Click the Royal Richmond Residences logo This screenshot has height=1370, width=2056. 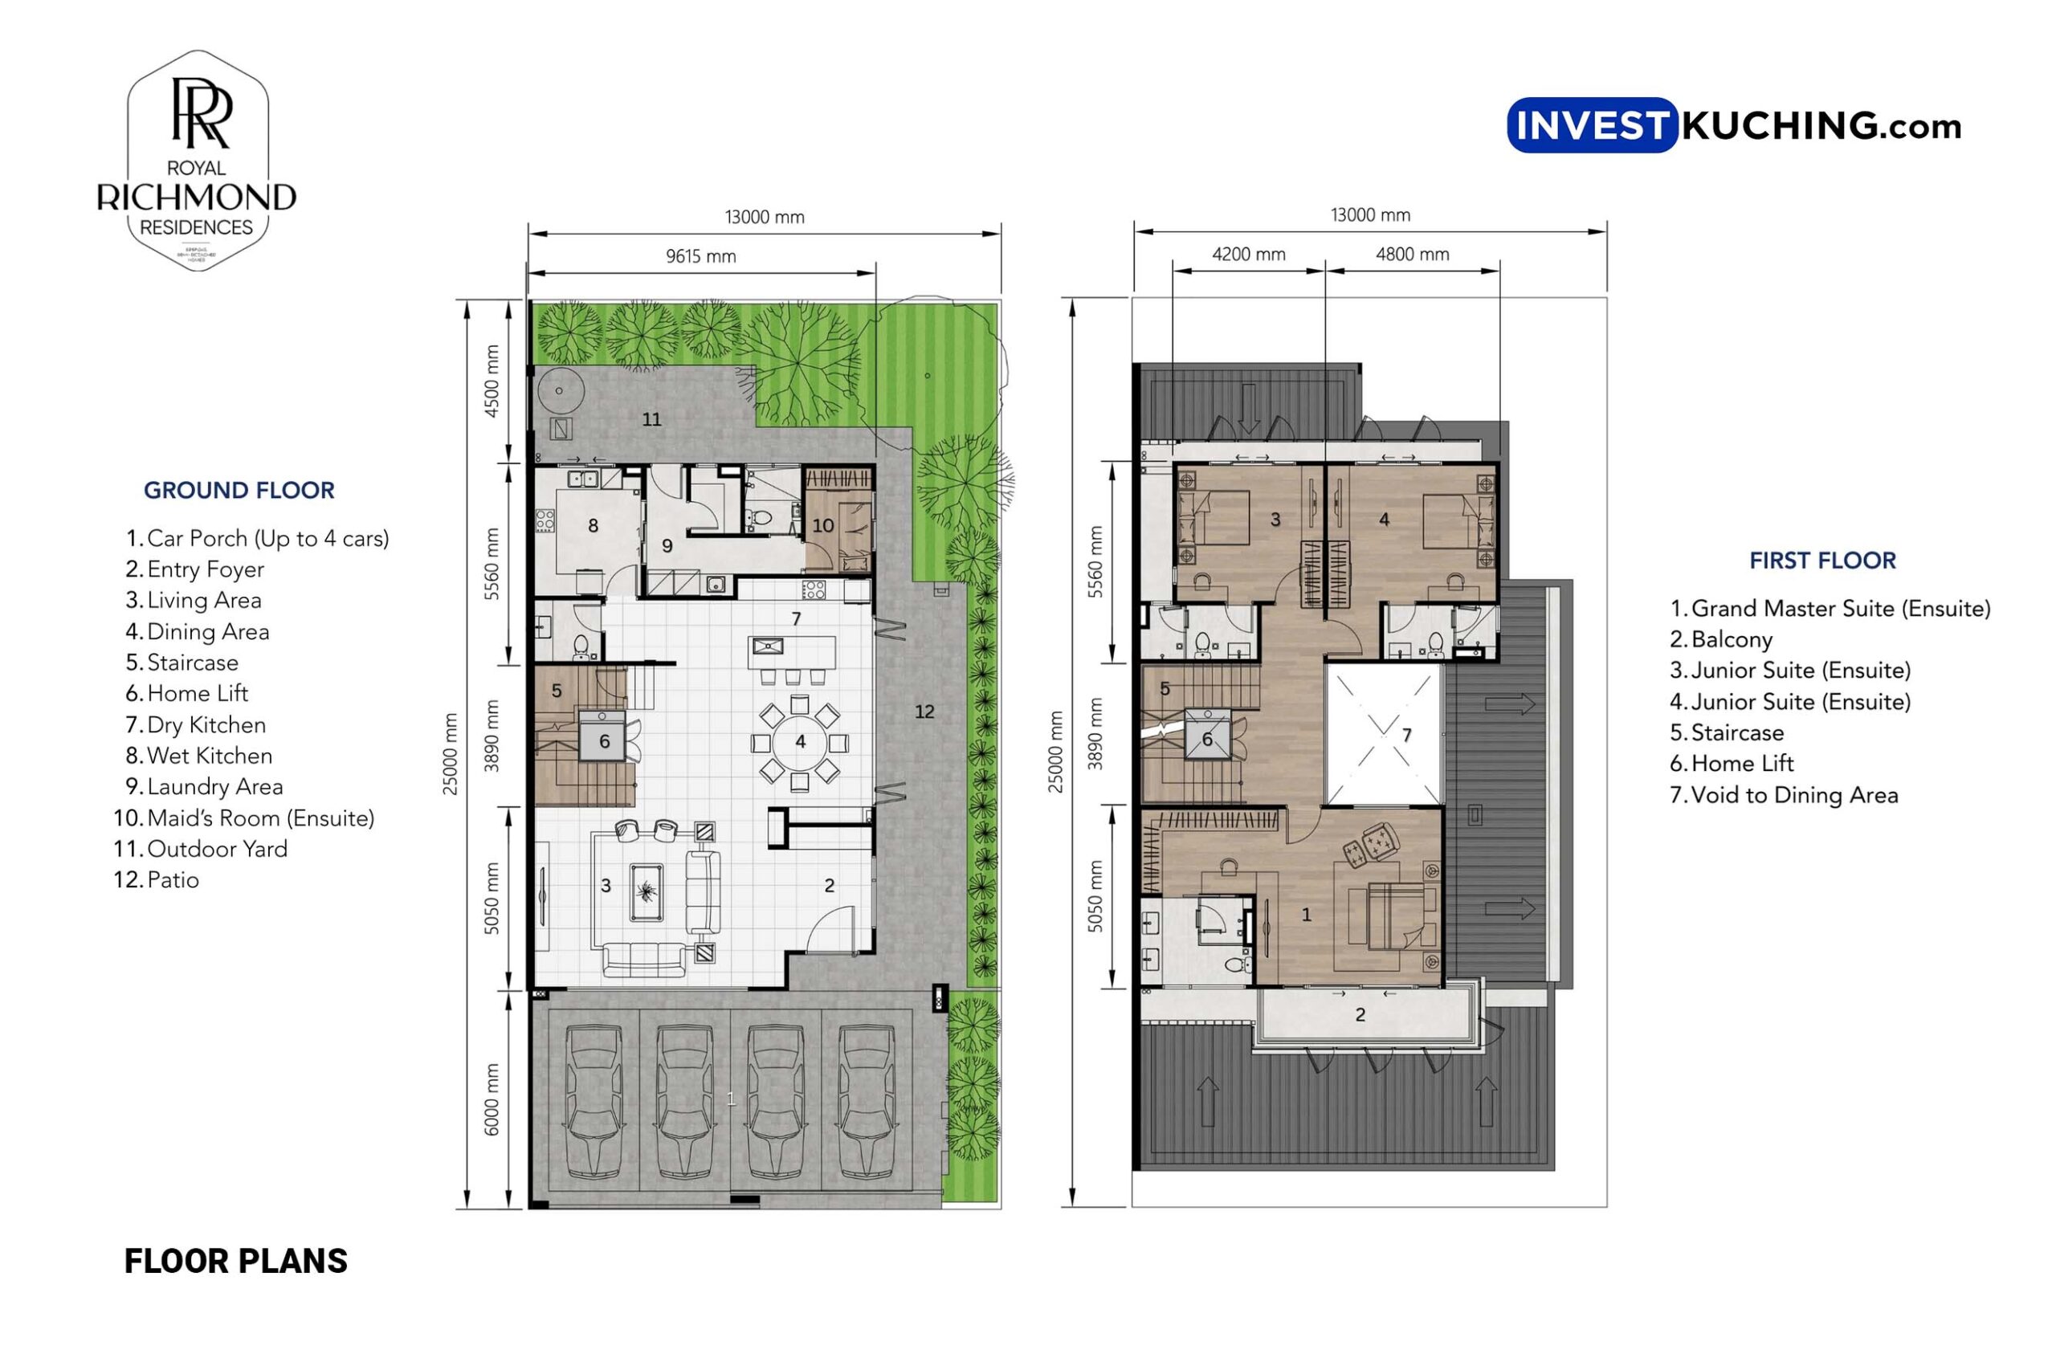coord(197,161)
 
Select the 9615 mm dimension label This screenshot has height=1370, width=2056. coord(701,256)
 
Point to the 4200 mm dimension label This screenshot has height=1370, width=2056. coord(1248,255)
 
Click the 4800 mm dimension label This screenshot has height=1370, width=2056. coord(1411,255)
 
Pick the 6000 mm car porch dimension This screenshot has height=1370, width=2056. coord(492,1099)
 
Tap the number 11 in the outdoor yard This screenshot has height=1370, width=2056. coord(652,419)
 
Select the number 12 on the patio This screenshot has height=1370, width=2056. coord(924,712)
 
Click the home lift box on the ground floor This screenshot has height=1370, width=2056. coord(603,741)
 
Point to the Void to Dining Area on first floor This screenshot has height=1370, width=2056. coord(1383,734)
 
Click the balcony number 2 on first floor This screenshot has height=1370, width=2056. coord(1360,1014)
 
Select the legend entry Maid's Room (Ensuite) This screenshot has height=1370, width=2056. coord(259,818)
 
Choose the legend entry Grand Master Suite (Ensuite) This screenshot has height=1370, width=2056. coord(1839,608)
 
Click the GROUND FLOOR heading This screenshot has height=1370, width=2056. coord(239,490)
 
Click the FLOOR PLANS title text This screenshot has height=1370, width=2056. coord(236,1261)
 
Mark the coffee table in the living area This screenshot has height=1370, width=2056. coord(646,891)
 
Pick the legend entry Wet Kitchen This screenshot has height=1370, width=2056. coord(209,756)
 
